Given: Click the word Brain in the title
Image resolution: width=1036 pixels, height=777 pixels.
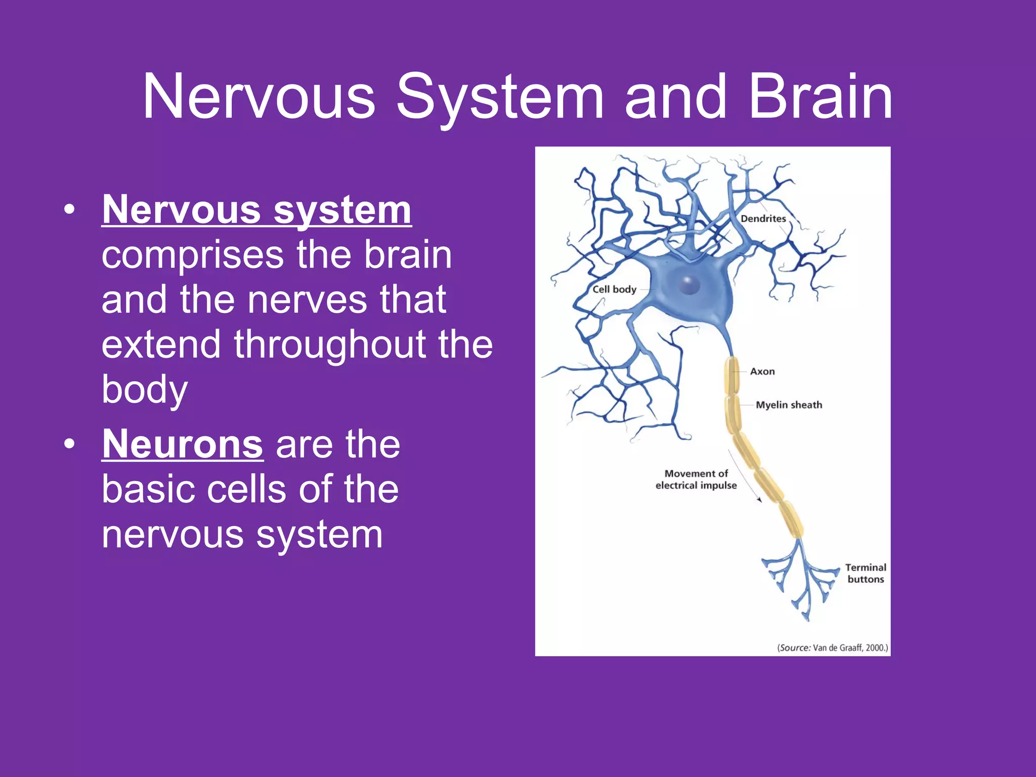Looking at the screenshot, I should click(820, 97).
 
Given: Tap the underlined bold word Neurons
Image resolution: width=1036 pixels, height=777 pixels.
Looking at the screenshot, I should click(183, 444).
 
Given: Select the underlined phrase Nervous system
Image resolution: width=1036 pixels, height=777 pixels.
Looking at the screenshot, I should click(256, 210).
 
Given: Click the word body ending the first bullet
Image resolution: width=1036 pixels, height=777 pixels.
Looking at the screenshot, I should click(145, 390).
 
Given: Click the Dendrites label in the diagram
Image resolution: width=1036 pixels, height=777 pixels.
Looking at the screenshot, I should click(763, 219).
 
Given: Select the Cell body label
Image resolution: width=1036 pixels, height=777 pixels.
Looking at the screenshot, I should click(614, 289).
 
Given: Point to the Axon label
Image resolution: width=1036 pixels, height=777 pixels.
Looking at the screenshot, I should click(762, 371).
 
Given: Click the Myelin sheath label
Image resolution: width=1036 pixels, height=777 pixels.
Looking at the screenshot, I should click(789, 405).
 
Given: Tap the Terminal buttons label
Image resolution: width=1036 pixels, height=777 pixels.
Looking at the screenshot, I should click(866, 573).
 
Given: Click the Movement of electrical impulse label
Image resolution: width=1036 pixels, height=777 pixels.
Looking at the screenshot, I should click(696, 480).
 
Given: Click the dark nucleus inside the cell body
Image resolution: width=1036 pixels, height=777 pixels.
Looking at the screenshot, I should click(688, 285).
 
